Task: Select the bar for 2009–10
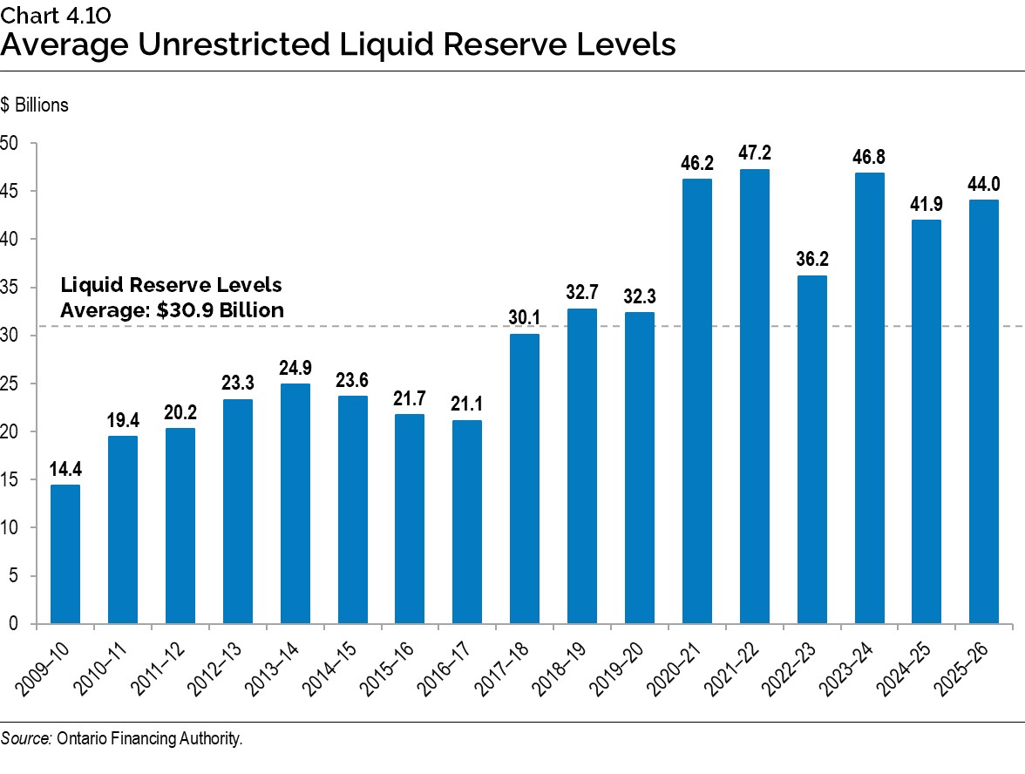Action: point(64,553)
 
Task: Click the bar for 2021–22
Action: point(755,397)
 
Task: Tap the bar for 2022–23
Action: point(812,449)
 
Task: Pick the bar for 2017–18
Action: point(525,479)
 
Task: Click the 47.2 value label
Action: point(755,153)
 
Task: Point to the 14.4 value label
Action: point(64,469)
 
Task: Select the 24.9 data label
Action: point(295,368)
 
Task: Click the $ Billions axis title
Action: point(34,105)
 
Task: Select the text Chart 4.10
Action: point(55,12)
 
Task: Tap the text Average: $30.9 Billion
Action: point(172,309)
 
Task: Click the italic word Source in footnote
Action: point(26,739)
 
